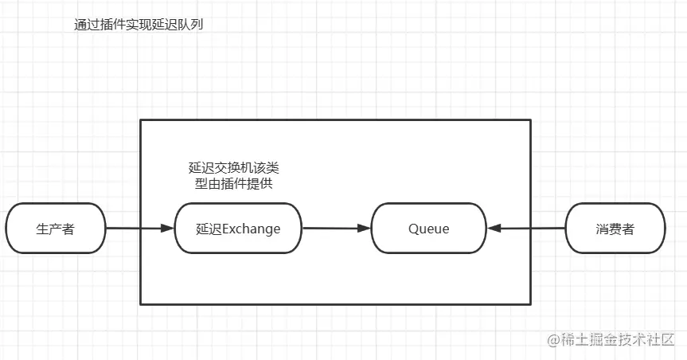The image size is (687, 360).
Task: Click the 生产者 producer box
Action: tap(56, 229)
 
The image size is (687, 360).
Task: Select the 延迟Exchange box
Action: tap(238, 229)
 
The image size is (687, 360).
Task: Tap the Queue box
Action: tap(429, 229)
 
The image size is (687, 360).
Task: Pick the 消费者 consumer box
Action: tap(615, 229)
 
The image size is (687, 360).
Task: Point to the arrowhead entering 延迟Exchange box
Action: tap(167, 229)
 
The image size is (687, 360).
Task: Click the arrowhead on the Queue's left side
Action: tap(364, 229)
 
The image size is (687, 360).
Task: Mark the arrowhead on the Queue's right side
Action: tap(494, 229)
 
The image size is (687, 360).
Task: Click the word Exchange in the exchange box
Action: tap(251, 229)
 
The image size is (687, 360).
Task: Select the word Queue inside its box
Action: tap(429, 229)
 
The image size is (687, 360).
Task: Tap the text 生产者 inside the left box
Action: tap(56, 229)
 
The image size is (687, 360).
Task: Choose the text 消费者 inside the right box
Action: tap(615, 229)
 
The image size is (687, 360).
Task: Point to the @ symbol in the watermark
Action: tap(552, 341)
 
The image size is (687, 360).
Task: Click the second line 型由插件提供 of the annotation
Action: tap(233, 184)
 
